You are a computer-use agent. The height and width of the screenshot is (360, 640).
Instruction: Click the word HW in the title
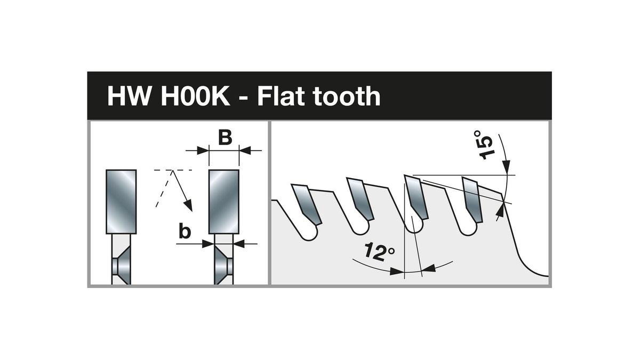tap(129, 97)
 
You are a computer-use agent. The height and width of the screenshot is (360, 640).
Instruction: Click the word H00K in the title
tap(195, 97)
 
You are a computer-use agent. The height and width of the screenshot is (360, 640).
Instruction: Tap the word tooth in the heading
tap(346, 97)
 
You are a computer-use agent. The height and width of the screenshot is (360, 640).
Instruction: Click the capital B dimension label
tap(225, 138)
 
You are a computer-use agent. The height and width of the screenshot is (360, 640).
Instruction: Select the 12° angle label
tap(380, 252)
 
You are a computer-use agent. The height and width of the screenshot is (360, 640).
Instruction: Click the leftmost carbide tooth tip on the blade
tap(307, 204)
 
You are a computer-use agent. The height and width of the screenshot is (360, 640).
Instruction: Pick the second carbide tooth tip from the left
tap(360, 199)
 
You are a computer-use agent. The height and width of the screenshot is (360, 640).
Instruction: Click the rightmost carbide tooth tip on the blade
tap(473, 199)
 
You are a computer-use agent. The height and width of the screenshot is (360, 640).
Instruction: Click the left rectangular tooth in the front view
tap(121, 202)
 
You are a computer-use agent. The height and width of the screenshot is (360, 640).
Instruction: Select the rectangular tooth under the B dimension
tap(224, 202)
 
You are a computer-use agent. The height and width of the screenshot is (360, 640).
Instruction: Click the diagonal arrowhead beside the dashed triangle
tap(188, 205)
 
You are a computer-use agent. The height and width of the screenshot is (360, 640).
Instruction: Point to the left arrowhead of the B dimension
tap(203, 150)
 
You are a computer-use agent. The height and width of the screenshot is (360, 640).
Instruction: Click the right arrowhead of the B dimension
tap(245, 150)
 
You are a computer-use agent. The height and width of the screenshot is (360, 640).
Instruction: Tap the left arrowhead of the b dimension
tap(208, 244)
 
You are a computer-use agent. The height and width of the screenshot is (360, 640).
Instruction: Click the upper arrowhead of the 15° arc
tap(506, 167)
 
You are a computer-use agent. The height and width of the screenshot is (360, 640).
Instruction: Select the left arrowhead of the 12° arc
tap(398, 271)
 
